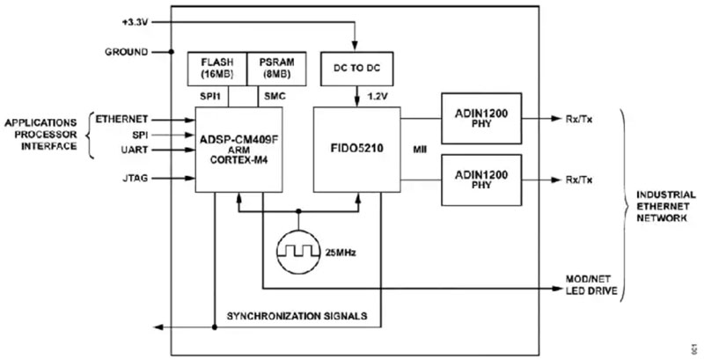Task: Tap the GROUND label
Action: click(x=126, y=52)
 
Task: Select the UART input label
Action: click(x=132, y=151)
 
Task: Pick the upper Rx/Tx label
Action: click(x=579, y=118)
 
